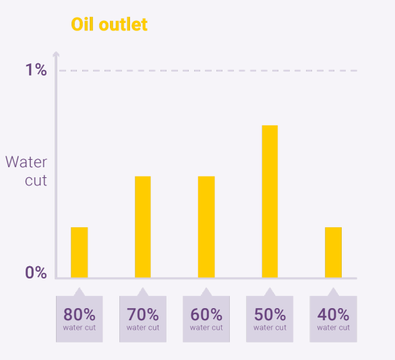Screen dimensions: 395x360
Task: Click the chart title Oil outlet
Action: click(x=109, y=24)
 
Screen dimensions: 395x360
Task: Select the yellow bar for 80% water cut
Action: click(x=80, y=252)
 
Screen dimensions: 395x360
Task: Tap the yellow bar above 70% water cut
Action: click(x=143, y=227)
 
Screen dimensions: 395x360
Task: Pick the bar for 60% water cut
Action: click(x=206, y=227)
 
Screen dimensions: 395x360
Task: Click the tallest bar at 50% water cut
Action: click(x=270, y=202)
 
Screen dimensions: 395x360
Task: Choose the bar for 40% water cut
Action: click(x=333, y=252)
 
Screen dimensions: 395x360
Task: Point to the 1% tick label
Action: click(x=36, y=69)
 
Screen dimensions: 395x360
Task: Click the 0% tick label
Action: click(x=36, y=272)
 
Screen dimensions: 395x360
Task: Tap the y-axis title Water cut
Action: click(x=26, y=171)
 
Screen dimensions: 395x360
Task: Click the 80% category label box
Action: click(x=80, y=319)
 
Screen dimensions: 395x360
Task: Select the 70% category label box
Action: click(x=143, y=319)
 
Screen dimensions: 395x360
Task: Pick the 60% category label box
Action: click(x=206, y=319)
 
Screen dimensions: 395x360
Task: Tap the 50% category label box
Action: click(x=270, y=319)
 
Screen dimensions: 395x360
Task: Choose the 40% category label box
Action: click(x=333, y=319)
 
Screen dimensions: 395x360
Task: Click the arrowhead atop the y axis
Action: click(x=56, y=54)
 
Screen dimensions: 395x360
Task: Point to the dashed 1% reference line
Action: click(x=208, y=71)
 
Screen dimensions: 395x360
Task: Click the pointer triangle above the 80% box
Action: click(x=80, y=292)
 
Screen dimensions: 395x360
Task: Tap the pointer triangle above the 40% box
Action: click(x=333, y=292)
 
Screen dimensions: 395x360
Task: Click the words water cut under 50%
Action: click(x=270, y=328)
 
